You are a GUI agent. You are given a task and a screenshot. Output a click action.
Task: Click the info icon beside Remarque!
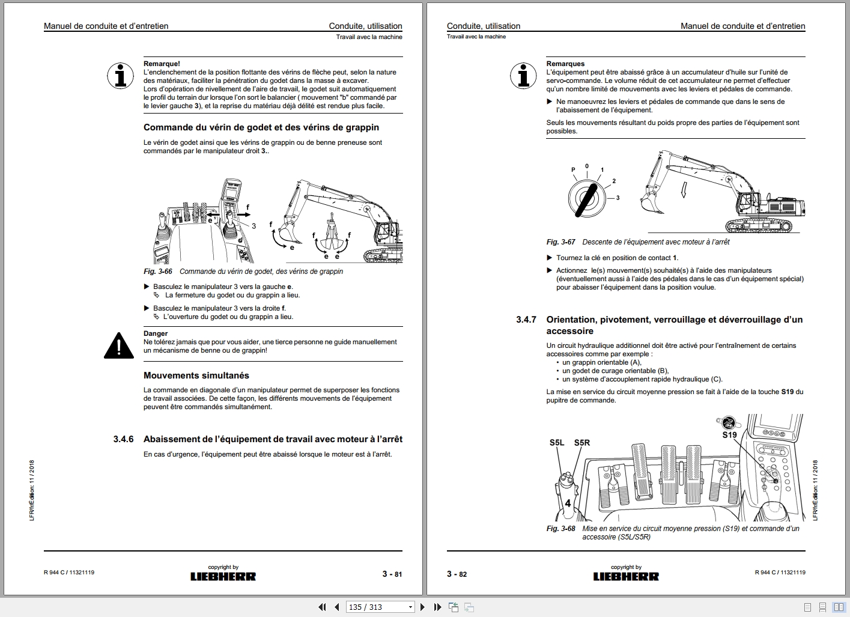point(120,76)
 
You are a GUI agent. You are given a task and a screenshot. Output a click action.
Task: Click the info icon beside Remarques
point(523,76)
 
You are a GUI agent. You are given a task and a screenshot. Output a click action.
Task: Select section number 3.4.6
point(123,439)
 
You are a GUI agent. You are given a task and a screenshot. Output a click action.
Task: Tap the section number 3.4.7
point(526,320)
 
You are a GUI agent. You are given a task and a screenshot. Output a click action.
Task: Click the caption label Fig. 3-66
point(157,272)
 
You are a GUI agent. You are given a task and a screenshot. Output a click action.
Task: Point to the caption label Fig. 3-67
point(560,242)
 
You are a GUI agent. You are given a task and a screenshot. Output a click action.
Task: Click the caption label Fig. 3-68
point(560,529)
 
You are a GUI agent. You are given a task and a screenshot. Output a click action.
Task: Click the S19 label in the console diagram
point(729,435)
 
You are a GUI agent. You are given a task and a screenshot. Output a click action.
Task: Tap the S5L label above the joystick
point(557,443)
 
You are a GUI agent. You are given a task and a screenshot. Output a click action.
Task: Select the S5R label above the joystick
point(581,443)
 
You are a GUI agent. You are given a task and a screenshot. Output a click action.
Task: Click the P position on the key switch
point(573,170)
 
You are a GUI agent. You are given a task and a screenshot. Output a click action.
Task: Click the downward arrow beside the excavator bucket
point(683,190)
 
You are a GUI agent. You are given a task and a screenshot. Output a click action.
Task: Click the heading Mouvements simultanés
point(196,375)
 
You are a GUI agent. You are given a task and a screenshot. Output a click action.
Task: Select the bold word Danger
point(156,333)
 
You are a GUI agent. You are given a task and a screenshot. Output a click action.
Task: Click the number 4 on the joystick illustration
point(568,503)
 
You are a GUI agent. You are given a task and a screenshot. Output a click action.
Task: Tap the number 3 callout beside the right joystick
point(253,226)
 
